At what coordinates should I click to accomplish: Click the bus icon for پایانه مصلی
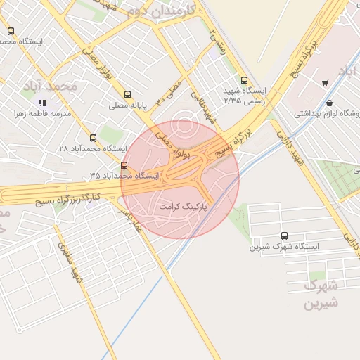click(x=127, y=94)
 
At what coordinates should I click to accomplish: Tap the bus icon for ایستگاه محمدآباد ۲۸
click(x=94, y=138)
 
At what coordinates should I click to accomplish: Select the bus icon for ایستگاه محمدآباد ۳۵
click(x=124, y=166)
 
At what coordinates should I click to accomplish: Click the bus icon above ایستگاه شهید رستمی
click(x=244, y=80)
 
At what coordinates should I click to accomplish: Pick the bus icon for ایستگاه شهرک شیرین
click(x=284, y=236)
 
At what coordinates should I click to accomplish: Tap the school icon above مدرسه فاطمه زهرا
click(x=41, y=103)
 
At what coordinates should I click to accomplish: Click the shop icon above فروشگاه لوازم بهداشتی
click(x=330, y=103)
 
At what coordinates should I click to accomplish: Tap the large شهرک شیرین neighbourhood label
click(x=321, y=295)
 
